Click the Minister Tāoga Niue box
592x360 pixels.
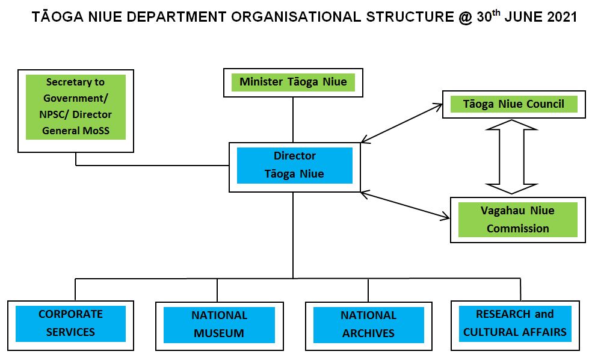(x=293, y=82)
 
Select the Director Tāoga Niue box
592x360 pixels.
(x=294, y=165)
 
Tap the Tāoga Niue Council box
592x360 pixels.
(x=513, y=104)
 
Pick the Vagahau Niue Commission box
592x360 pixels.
(x=517, y=220)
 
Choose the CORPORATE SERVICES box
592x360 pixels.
(x=70, y=323)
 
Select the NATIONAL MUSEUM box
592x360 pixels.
(x=219, y=324)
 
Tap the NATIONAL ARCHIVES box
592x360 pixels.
(x=368, y=324)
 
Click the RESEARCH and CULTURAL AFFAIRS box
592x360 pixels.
(x=515, y=323)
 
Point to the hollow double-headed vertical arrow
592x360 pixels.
(x=511, y=157)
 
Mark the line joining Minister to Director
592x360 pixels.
(x=293, y=119)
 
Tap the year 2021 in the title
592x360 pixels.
(x=563, y=17)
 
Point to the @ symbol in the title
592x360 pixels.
(x=464, y=17)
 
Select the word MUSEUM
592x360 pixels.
(x=219, y=333)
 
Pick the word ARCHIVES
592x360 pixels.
(x=368, y=333)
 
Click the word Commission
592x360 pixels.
(x=517, y=229)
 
